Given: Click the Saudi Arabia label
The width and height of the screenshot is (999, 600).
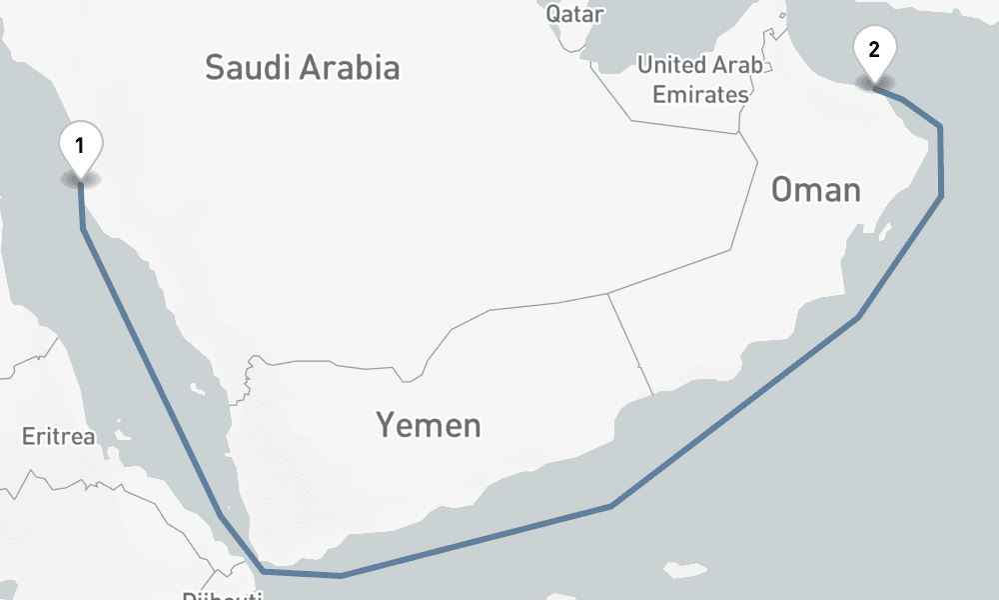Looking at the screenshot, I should coord(302,68).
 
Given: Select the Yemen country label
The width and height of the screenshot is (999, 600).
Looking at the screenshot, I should coord(429,425).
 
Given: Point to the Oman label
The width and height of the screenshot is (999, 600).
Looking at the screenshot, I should coord(816,189).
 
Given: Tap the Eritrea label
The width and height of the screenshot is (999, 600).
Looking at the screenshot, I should coord(58,437).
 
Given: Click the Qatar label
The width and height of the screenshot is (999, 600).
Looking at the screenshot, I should coord(575,14).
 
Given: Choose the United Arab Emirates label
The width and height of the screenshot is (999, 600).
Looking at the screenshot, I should coord(700,80).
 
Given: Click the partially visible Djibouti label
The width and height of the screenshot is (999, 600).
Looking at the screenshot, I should coord(222,594).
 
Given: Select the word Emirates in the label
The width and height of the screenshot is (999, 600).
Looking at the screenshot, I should coord(700,95).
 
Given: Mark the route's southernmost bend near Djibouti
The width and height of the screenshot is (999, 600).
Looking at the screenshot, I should coord(262,572).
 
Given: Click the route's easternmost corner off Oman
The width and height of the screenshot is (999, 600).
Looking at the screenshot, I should coord(941,196).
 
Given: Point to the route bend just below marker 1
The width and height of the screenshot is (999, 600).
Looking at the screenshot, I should coord(83,228).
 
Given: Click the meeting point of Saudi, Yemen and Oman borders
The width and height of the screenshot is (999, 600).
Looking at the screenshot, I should coord(608,294).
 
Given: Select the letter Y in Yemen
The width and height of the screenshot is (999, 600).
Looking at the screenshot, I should coord(385,425).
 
